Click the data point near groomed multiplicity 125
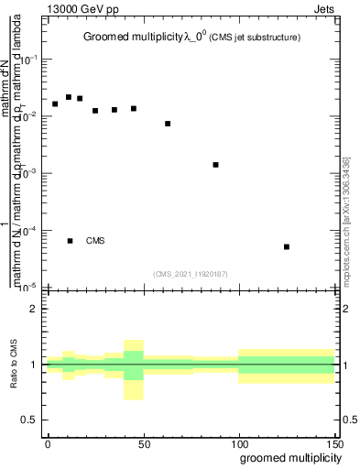(287, 246)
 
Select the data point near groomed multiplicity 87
(215, 165)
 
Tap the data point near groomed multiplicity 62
(168, 124)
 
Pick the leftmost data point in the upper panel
(55, 104)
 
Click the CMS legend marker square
(71, 241)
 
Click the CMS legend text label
(95, 241)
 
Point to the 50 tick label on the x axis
(143, 442)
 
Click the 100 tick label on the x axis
(238, 442)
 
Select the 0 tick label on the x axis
(48, 442)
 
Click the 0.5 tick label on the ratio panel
(28, 420)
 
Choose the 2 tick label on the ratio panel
(33, 309)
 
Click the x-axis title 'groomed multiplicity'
(286, 457)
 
